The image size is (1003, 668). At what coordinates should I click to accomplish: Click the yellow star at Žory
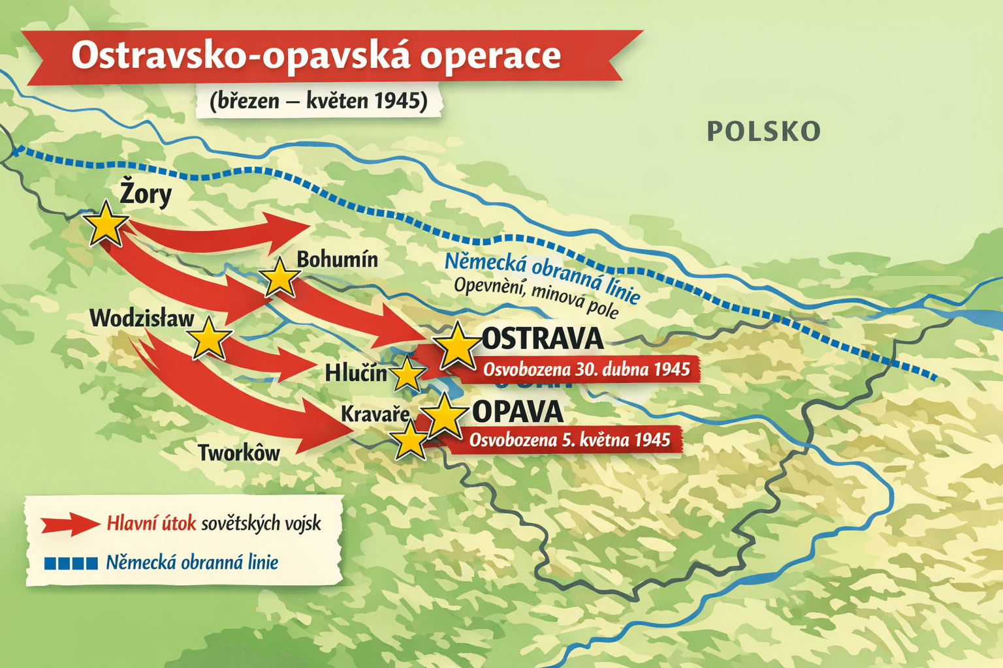106,224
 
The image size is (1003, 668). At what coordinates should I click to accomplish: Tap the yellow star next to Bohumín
279,278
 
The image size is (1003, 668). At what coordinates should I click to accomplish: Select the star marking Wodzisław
209,339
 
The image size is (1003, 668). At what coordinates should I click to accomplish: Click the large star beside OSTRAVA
457,346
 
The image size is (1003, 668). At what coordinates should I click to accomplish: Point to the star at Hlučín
407,374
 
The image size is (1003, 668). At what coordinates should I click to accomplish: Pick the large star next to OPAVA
444,415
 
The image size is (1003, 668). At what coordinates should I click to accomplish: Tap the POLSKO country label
763,132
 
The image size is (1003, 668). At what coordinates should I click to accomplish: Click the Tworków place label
239,453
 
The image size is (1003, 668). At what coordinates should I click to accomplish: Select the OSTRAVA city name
542,339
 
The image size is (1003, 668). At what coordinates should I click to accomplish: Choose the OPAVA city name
517,412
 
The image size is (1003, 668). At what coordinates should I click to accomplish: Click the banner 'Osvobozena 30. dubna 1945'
586,370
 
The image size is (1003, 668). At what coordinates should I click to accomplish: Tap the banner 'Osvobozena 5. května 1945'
569,440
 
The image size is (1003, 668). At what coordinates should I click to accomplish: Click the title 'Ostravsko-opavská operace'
316,55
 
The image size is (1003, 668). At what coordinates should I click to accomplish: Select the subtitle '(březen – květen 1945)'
319,101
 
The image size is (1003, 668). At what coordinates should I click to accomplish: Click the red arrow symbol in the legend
69,524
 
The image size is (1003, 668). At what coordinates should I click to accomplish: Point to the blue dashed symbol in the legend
71,563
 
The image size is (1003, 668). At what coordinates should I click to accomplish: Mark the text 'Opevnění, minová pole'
535,297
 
